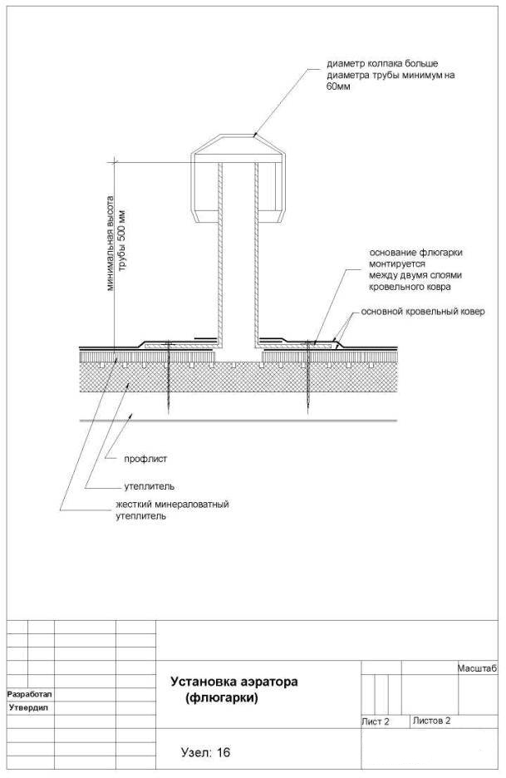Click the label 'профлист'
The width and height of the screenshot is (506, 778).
click(145, 459)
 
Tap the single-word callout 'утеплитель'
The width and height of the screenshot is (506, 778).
click(149, 486)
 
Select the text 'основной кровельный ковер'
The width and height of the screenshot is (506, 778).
click(423, 312)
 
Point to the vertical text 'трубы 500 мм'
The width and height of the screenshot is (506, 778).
click(122, 242)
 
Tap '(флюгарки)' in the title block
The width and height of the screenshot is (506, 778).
click(222, 698)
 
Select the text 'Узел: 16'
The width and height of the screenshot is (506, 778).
click(206, 753)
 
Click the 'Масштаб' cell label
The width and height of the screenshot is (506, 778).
click(477, 669)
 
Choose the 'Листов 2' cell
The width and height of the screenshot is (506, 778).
click(431, 721)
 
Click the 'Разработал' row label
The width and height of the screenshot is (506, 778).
click(29, 694)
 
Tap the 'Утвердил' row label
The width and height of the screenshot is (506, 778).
click(28, 707)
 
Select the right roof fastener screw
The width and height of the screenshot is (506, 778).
click(308, 377)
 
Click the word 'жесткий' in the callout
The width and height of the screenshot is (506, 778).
click(134, 505)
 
